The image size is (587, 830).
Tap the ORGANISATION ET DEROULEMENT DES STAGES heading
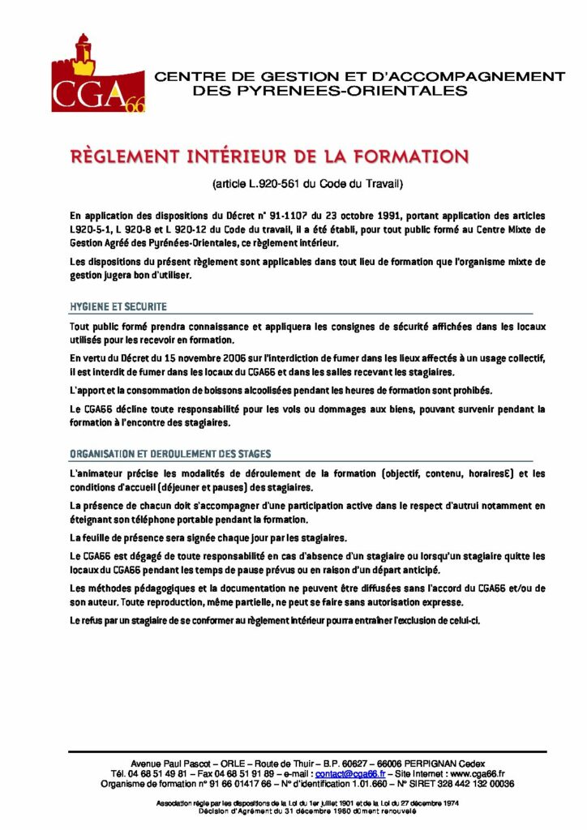pos(170,454)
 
